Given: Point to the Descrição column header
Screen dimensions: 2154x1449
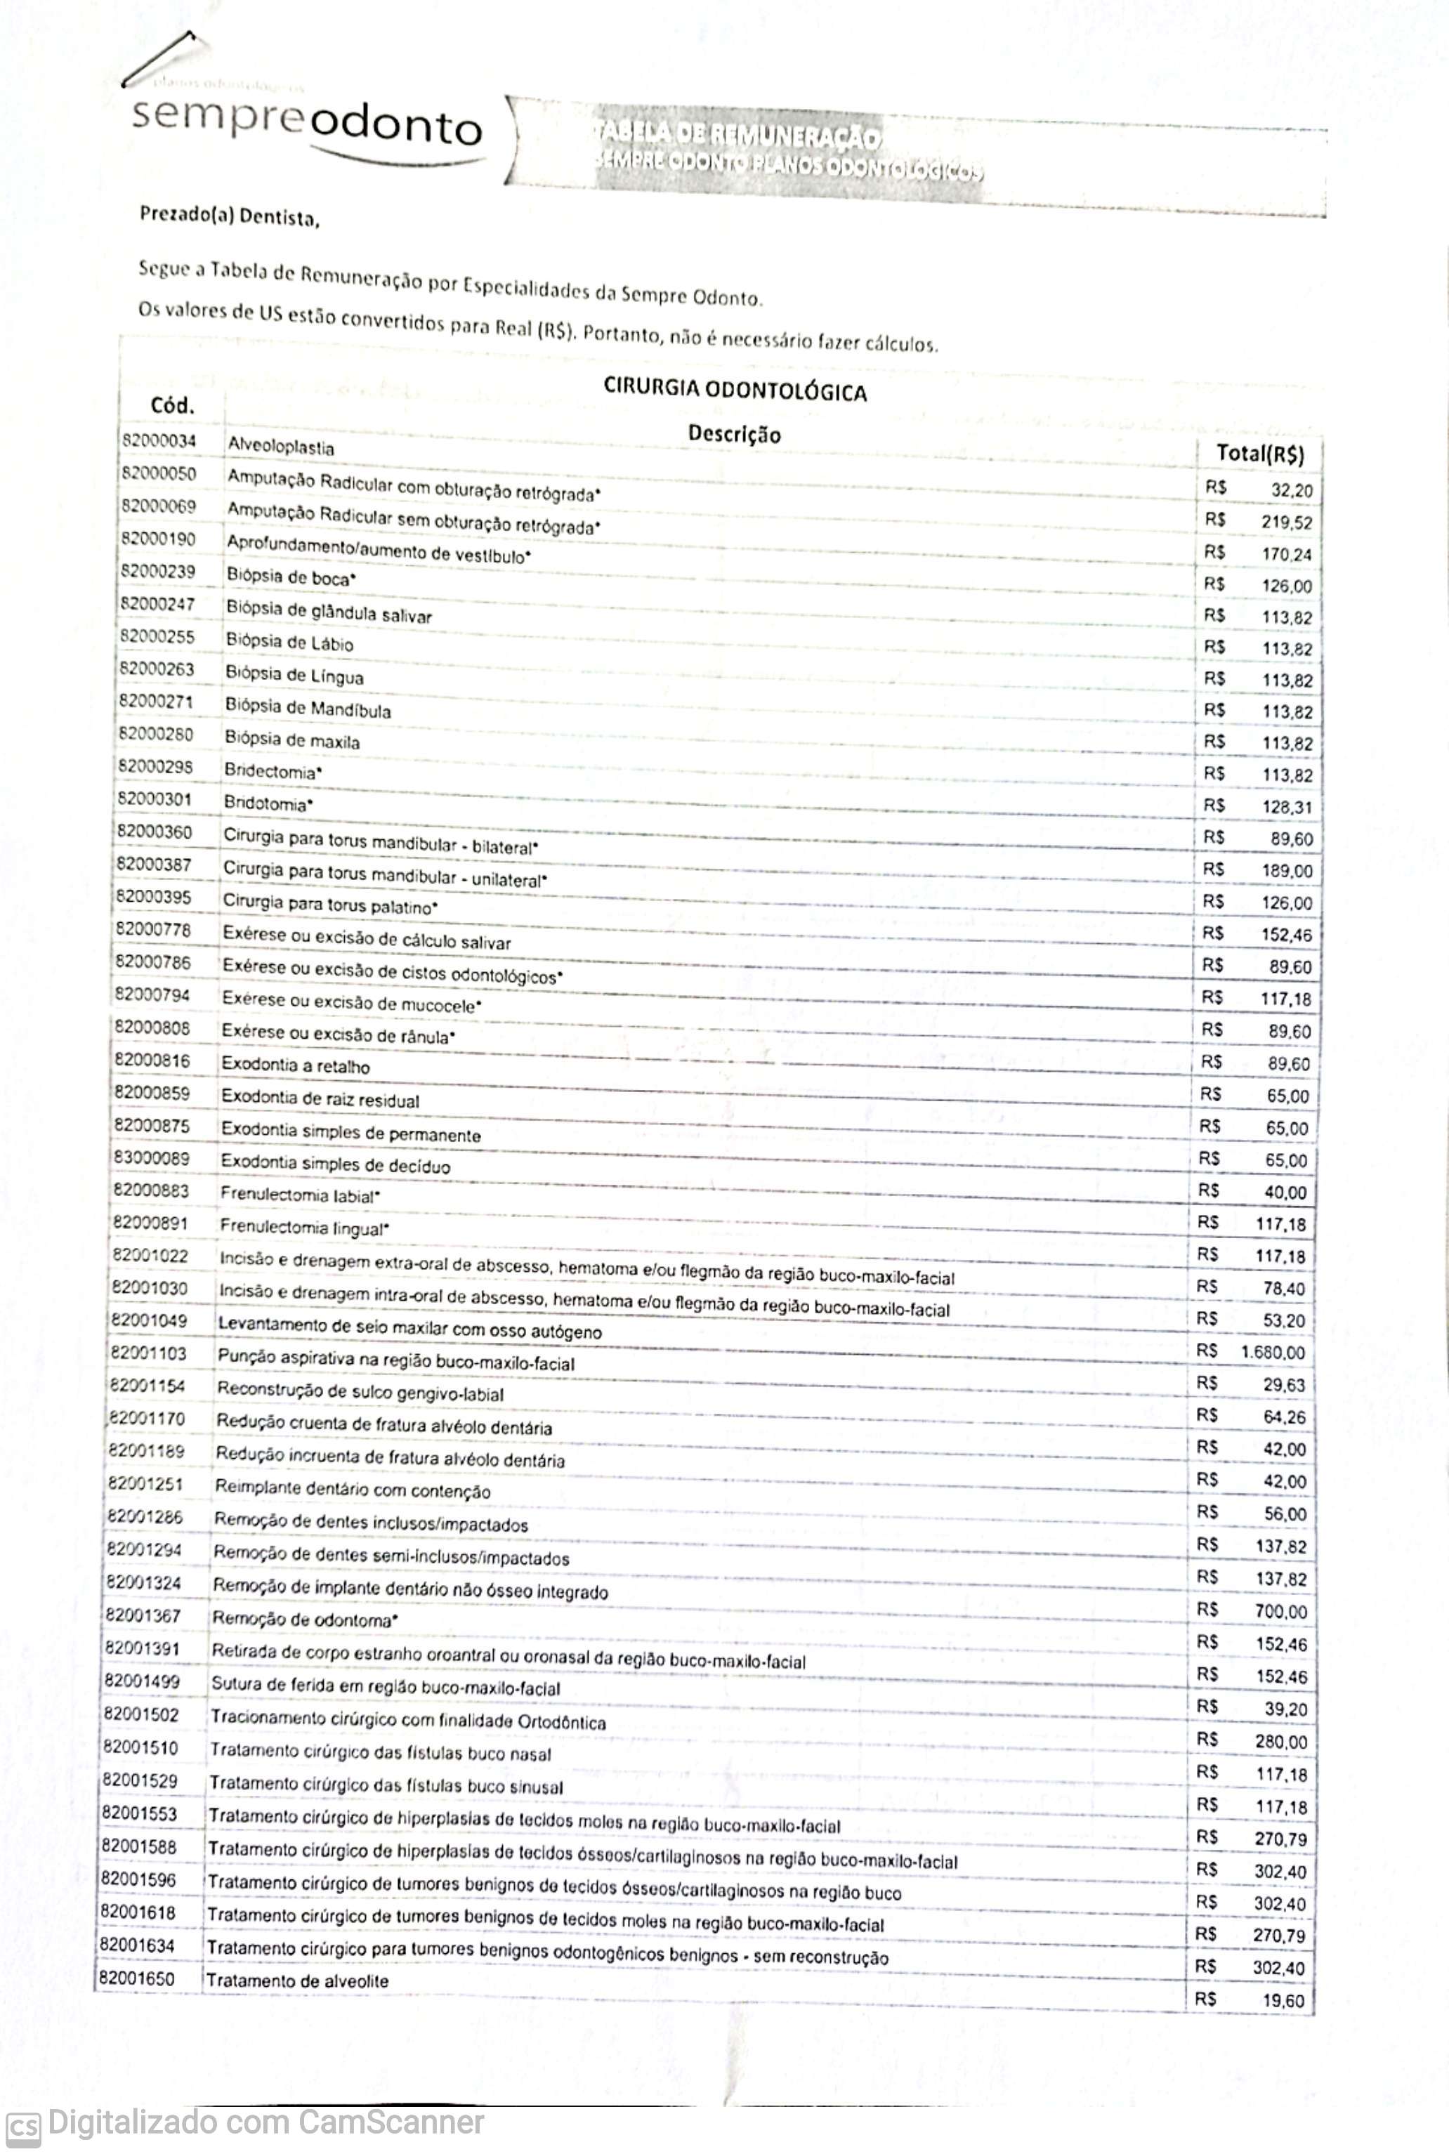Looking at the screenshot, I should (734, 433).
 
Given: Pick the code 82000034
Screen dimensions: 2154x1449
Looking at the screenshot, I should (159, 441).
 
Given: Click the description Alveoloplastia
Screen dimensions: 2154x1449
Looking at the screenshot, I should (281, 447).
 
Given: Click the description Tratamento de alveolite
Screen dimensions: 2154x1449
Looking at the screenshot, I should (298, 1981).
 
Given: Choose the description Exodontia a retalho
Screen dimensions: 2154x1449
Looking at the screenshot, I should (295, 1066).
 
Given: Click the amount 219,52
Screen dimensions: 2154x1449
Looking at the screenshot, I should (1286, 522).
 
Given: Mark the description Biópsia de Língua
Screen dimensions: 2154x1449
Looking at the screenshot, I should (294, 676).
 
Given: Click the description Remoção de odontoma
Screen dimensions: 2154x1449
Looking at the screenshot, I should (304, 1620).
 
